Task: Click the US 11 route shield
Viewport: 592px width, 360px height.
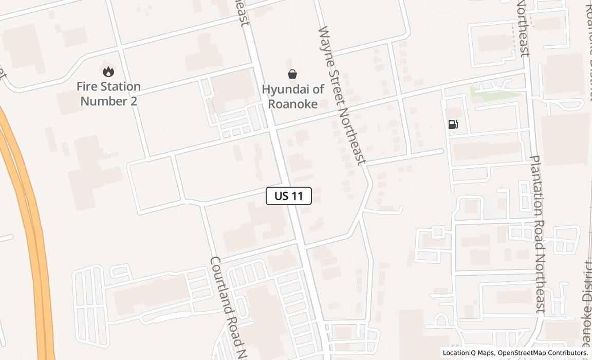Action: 289,196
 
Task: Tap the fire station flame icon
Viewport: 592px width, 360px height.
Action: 108,71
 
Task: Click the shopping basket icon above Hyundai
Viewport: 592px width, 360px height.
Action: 292,74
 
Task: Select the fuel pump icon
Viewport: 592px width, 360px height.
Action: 453,124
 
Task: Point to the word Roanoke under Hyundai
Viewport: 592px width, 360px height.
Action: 292,103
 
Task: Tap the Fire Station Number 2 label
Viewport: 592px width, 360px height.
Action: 108,94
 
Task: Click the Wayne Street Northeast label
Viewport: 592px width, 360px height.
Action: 342,95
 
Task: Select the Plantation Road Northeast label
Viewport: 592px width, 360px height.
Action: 538,234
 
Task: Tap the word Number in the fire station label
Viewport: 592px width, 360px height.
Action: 102,101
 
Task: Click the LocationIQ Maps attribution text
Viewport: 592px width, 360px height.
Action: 468,353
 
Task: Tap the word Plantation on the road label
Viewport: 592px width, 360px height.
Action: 535,185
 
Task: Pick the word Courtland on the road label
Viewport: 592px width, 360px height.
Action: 220,285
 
